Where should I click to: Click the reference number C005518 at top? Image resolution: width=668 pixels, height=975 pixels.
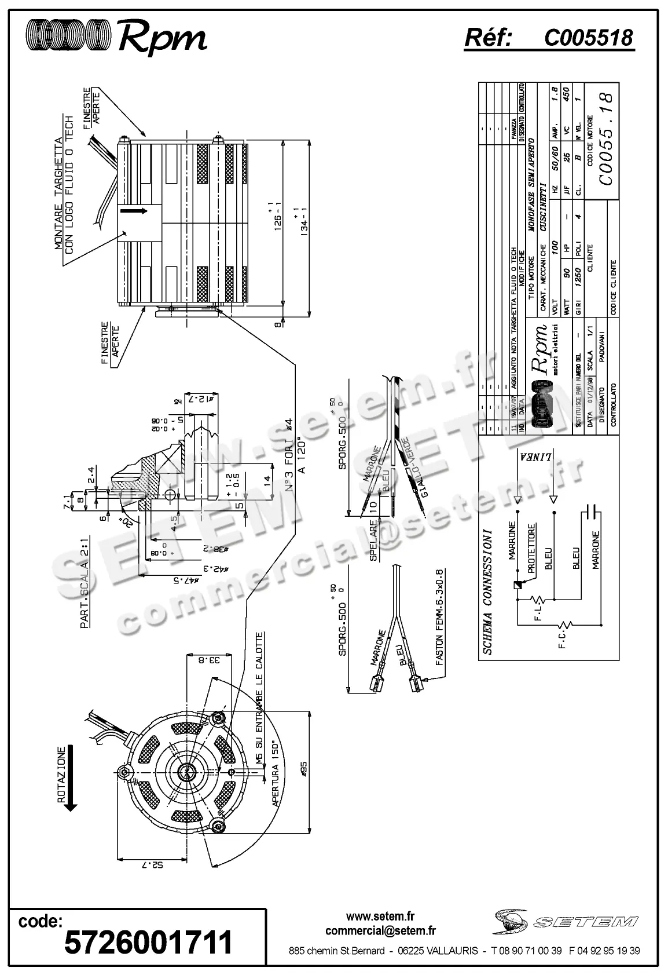coord(588,38)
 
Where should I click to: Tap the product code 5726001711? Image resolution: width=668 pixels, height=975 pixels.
coord(148,941)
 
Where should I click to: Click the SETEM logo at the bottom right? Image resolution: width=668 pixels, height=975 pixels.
coord(566,922)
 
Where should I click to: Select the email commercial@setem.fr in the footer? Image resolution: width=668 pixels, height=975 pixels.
coord(380,930)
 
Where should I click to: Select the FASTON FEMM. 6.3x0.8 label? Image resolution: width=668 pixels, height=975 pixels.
coord(440,616)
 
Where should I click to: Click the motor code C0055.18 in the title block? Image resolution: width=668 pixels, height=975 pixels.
coord(605,140)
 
